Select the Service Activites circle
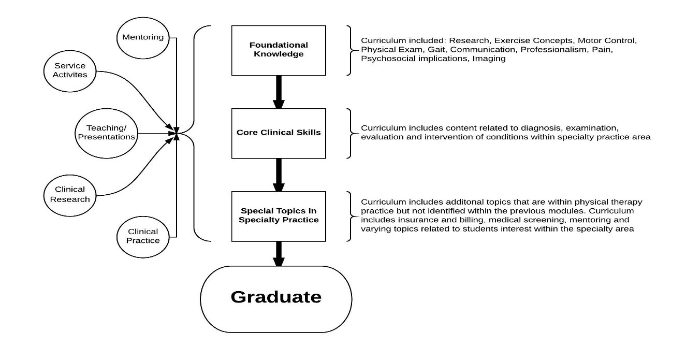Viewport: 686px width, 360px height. (x=70, y=70)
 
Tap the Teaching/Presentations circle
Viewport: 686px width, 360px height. (x=105, y=133)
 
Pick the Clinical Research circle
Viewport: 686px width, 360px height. (x=70, y=194)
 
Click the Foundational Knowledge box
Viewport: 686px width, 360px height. (x=279, y=50)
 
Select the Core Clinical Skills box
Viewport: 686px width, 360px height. (x=279, y=133)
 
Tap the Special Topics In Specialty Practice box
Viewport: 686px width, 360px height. (x=279, y=215)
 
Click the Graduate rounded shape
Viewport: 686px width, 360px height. (x=276, y=298)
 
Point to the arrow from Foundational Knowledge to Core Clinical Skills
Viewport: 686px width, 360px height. (x=279, y=92)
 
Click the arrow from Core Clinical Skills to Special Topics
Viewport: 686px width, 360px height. (x=279, y=175)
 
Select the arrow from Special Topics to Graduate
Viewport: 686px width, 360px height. (x=279, y=253)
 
